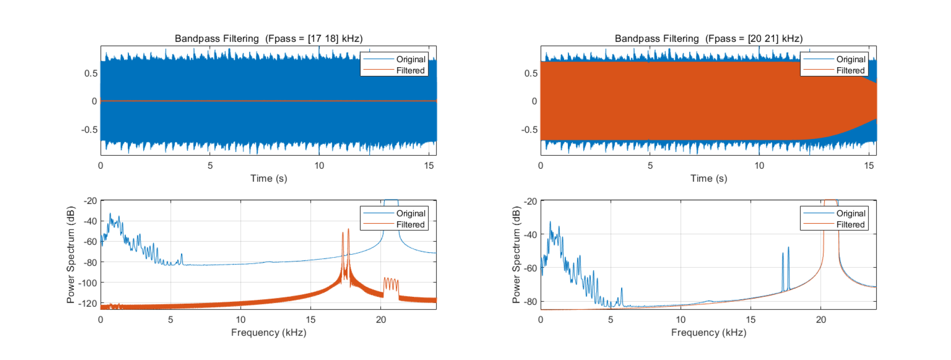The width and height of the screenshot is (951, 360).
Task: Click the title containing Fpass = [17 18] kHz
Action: tap(269, 39)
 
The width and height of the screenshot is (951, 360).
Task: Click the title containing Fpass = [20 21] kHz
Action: tap(708, 39)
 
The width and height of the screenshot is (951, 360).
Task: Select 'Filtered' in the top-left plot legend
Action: tap(410, 70)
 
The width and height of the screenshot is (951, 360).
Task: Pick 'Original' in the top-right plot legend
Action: tap(850, 59)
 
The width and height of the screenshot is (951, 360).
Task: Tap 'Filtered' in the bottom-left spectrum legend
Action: tap(410, 225)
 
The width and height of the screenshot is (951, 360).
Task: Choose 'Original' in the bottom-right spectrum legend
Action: tap(850, 213)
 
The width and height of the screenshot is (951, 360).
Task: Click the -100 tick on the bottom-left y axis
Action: tap(88, 283)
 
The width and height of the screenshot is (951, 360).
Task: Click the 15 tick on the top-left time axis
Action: tap(429, 166)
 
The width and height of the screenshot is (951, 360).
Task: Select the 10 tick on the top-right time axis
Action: tap(759, 166)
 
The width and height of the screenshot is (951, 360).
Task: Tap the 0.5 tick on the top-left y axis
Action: tap(91, 73)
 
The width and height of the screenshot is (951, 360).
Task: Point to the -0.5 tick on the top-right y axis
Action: tap(529, 129)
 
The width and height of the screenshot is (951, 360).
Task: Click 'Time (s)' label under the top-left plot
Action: tap(269, 178)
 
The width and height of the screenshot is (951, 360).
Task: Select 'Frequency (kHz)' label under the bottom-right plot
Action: tap(708, 332)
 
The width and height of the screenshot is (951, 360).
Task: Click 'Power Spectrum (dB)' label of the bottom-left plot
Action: tap(70, 254)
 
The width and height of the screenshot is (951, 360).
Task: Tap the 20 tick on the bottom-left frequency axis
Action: tap(380, 320)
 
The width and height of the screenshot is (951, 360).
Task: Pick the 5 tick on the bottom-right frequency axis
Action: tap(610, 320)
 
